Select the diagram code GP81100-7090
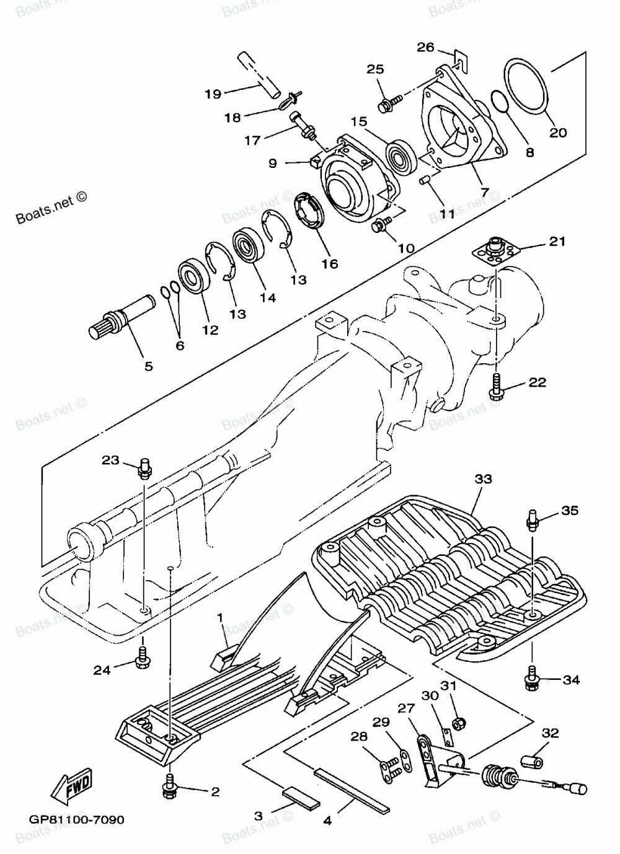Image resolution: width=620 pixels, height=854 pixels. click(x=76, y=820)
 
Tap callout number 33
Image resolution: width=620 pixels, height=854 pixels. click(x=484, y=479)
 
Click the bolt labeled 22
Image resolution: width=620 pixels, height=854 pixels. click(x=498, y=385)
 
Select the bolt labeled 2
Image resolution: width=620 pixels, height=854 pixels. click(x=170, y=785)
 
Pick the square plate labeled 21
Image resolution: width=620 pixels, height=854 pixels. click(x=495, y=250)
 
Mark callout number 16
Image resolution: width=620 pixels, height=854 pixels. click(x=330, y=263)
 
